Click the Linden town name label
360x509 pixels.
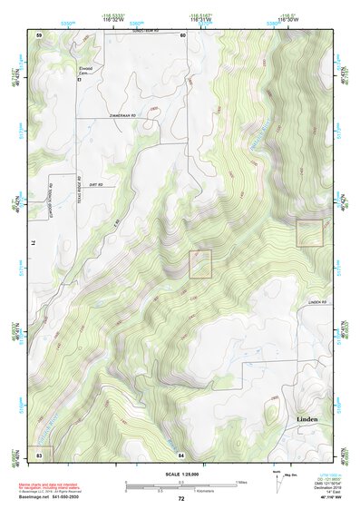[x=310, y=420]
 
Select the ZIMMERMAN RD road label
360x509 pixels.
[x=121, y=116]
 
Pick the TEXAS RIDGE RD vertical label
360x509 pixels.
[x=79, y=190]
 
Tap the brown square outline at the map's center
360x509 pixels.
[x=199, y=264]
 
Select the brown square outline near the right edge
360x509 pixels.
[x=309, y=233]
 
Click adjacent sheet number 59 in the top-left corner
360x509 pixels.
[x=39, y=34]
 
